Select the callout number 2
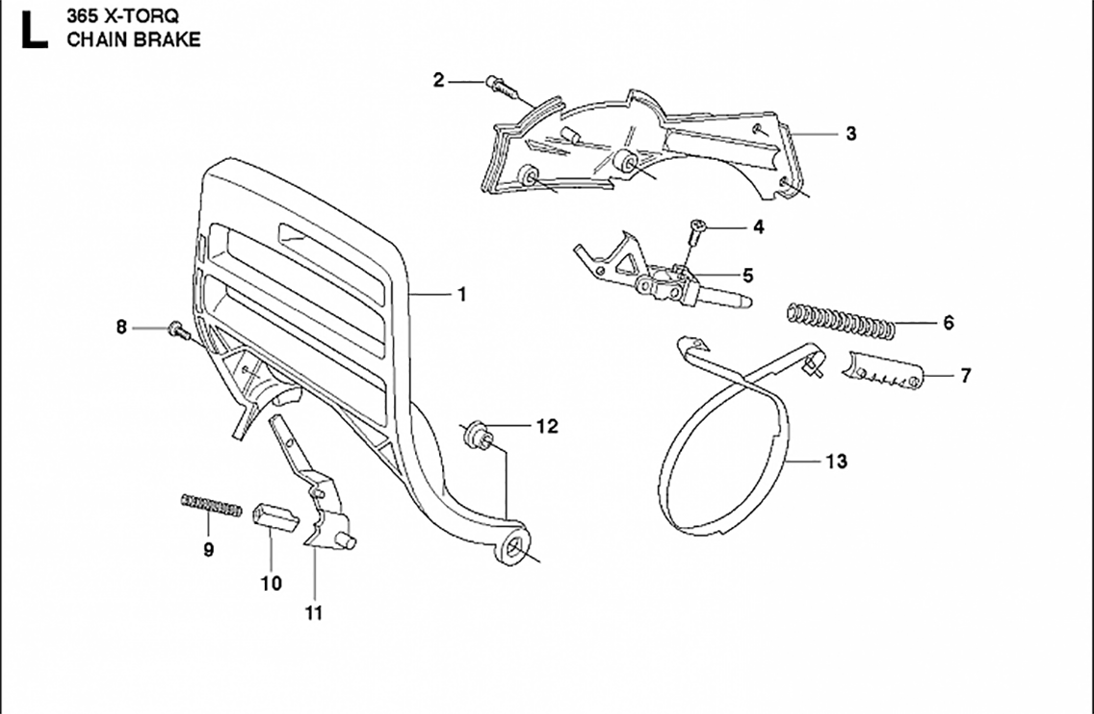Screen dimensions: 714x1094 point(438,80)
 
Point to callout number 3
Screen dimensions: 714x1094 point(850,134)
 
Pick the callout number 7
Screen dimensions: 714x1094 point(965,376)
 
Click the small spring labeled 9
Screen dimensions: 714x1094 point(211,504)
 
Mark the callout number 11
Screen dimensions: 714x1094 point(314,612)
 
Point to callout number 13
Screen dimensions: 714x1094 point(836,462)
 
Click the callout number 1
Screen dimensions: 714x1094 point(461,295)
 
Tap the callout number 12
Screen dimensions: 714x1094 point(546,426)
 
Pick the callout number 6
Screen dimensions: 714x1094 point(948,323)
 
